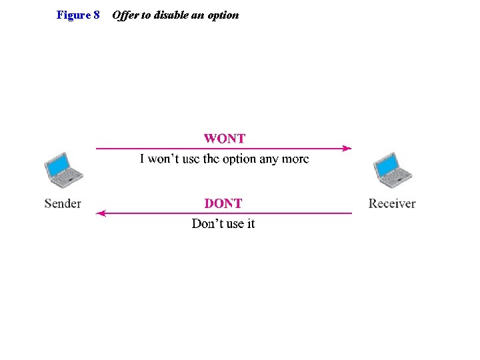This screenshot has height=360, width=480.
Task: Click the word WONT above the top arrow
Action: tap(225, 139)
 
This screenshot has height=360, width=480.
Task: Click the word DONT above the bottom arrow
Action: tap(223, 203)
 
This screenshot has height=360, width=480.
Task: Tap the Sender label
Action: tap(63, 203)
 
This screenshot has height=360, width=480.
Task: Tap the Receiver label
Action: tap(392, 203)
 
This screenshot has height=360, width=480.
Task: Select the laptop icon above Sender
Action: tap(63, 170)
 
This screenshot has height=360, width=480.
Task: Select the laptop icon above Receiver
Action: tap(392, 170)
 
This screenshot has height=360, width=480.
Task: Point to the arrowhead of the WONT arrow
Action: tap(347, 149)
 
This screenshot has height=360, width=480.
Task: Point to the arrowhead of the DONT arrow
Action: tap(101, 213)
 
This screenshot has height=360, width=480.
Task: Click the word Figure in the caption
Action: tap(73, 15)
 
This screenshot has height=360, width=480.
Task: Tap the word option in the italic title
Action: tap(223, 15)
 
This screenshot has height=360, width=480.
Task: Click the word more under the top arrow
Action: tap(295, 159)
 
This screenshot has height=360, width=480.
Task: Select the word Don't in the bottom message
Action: tap(207, 223)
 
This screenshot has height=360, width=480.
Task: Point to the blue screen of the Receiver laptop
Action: tap(387, 163)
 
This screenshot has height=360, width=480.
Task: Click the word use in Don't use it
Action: tap(234, 223)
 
